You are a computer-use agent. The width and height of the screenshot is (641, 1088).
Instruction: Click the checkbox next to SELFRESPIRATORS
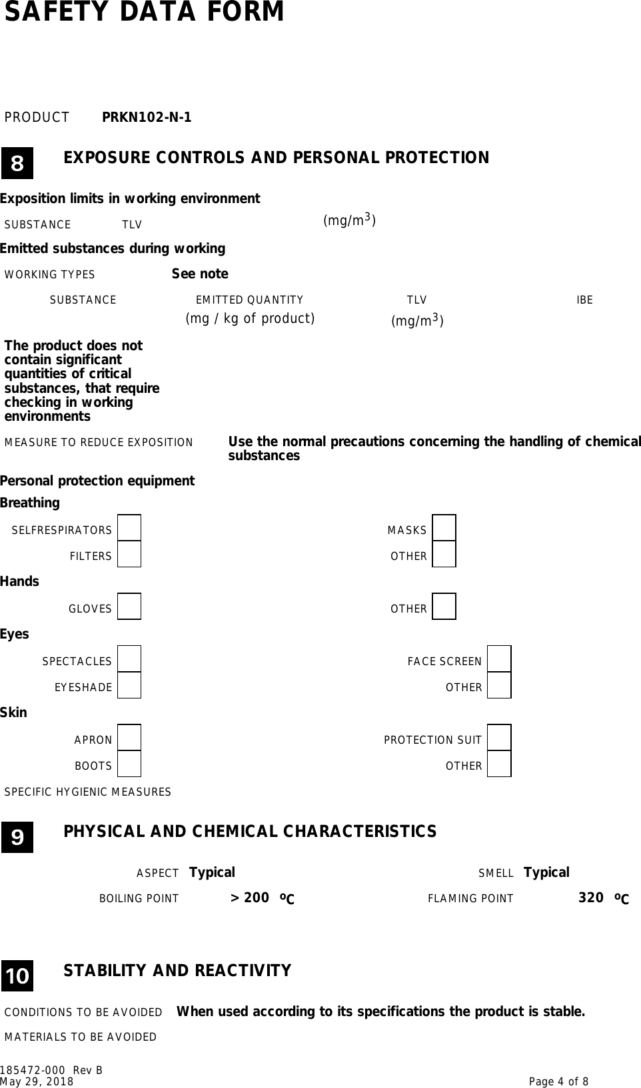point(129,528)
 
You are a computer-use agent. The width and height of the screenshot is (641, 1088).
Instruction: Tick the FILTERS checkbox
point(129,554)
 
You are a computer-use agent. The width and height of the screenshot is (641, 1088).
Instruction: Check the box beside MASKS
point(444,528)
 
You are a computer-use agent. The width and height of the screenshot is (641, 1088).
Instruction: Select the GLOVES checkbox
point(129,607)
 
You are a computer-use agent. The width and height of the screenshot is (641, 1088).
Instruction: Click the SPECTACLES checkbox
point(129,659)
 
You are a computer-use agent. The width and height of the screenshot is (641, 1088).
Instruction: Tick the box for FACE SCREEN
point(499,659)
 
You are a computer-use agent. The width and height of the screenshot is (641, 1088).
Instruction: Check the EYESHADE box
point(129,685)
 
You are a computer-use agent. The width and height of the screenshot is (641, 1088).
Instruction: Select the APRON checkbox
point(129,738)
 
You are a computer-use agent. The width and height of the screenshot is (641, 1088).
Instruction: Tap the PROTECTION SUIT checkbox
point(499,738)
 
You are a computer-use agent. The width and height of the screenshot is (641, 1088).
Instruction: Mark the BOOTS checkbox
point(129,764)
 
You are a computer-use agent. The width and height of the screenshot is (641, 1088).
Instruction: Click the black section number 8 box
point(17,163)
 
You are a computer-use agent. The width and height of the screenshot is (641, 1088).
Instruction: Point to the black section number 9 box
point(17,837)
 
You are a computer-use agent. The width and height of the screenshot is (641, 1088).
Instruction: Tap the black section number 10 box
point(17,975)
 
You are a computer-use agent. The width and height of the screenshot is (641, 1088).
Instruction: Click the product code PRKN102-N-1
point(147,118)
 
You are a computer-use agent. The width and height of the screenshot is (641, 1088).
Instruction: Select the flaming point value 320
point(591,898)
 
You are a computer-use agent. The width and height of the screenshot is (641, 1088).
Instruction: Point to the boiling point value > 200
point(250,898)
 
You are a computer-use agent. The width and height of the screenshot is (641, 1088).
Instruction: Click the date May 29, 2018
point(37,1082)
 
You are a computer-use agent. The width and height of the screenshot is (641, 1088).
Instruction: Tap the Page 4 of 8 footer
point(558,1082)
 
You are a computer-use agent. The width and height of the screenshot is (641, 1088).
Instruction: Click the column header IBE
point(584,300)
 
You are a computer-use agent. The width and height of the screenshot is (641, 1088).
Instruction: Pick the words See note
point(200,274)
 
